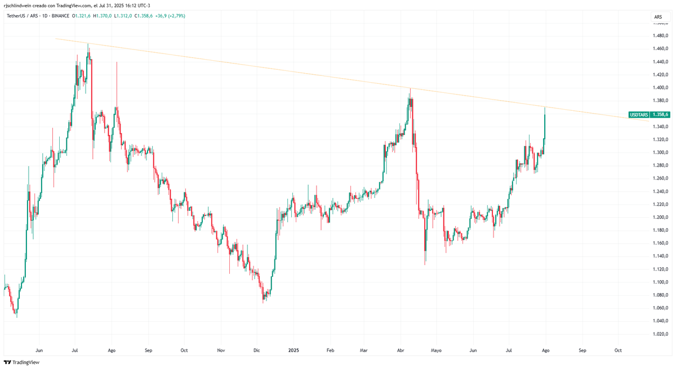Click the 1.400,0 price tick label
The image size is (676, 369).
660,88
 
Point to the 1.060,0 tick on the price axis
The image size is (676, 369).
660,308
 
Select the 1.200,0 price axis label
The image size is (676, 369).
660,217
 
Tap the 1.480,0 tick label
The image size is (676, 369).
660,36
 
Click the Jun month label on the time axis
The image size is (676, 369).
39,350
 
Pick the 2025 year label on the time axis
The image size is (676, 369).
293,350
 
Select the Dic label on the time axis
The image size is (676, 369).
257,350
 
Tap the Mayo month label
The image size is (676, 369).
436,350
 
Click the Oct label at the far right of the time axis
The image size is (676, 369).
618,350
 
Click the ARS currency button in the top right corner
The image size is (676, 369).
658,17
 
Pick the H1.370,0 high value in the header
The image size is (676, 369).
103,16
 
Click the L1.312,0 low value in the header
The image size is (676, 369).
123,16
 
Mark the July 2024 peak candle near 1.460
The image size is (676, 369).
88,53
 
